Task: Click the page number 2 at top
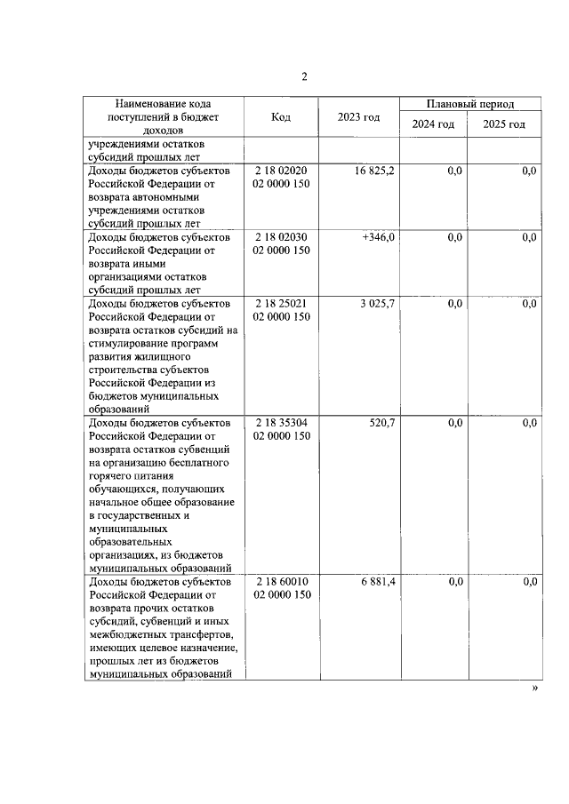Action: click(304, 76)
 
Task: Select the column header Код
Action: click(280, 117)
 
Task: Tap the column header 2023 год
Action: click(358, 117)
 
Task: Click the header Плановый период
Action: click(470, 104)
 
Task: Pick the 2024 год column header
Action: click(433, 124)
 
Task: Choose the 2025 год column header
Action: click(504, 124)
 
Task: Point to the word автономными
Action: click(169, 197)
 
